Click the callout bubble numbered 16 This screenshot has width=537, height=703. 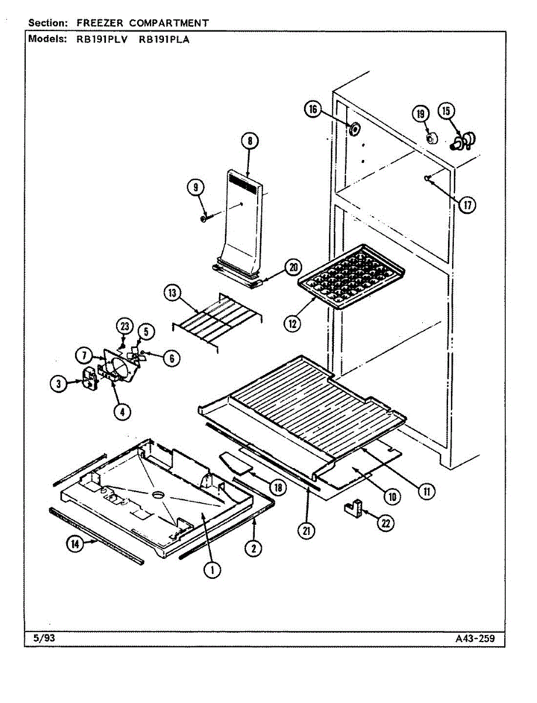click(x=313, y=110)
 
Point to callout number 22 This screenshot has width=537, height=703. click(x=385, y=523)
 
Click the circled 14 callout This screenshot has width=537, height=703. click(x=75, y=544)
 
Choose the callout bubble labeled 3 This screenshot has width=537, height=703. click(x=58, y=384)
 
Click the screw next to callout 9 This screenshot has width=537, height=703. click(x=204, y=219)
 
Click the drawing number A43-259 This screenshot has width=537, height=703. click(x=475, y=638)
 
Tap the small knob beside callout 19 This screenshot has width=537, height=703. click(x=432, y=139)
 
